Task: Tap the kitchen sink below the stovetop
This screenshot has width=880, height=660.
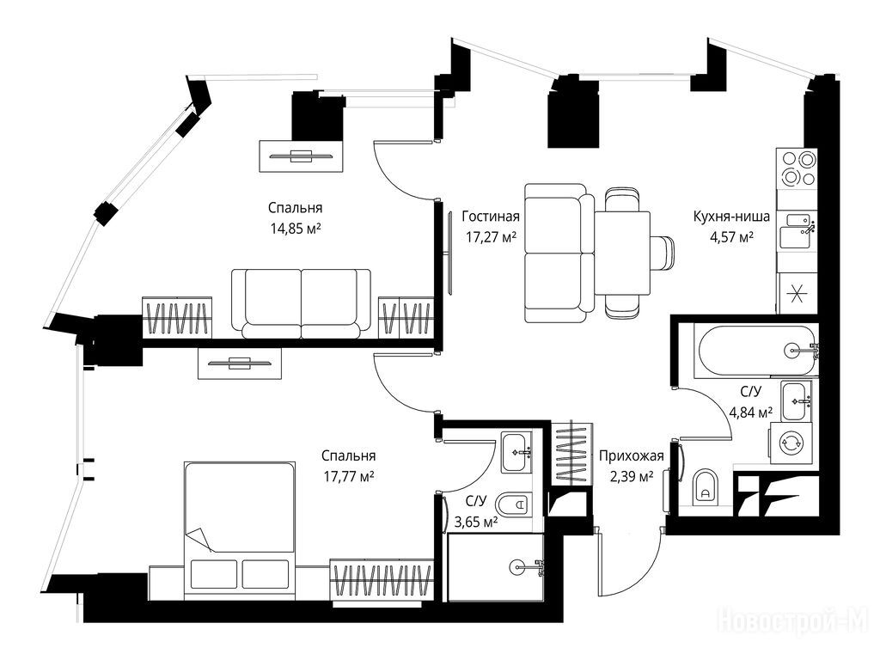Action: tap(797, 230)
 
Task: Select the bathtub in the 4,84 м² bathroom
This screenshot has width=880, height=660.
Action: tap(755, 351)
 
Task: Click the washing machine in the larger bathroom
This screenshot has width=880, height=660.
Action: tap(791, 443)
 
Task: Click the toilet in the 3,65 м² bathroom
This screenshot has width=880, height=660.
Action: tap(512, 504)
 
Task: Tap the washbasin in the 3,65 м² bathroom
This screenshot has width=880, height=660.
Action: tap(516, 452)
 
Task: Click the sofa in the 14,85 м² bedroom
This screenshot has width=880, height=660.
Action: tap(302, 303)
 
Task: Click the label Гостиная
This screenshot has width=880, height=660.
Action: tap(491, 216)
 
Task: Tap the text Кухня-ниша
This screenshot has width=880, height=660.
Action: tap(731, 216)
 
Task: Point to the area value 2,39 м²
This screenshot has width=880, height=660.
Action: tap(632, 477)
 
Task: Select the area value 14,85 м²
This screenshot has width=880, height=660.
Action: tap(296, 229)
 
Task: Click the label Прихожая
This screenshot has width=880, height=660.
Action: tap(632, 455)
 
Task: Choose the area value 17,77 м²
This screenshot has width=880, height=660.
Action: tap(349, 477)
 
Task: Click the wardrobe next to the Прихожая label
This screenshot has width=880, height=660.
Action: tap(571, 452)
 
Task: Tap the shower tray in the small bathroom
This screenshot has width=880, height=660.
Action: tap(496, 567)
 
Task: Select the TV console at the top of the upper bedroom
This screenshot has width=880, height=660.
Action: tap(301, 156)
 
